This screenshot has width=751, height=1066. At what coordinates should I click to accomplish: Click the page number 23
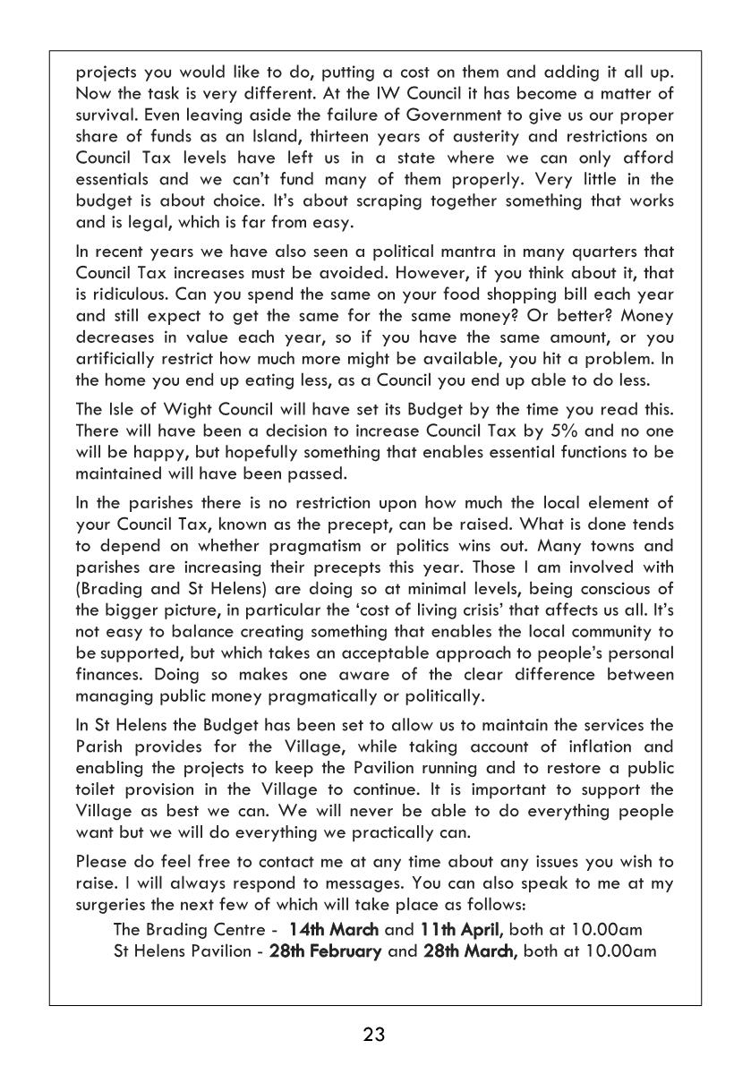click(374, 1036)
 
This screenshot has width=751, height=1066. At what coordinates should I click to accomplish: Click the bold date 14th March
click(333, 930)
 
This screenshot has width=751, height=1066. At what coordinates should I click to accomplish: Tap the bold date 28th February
click(325, 951)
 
